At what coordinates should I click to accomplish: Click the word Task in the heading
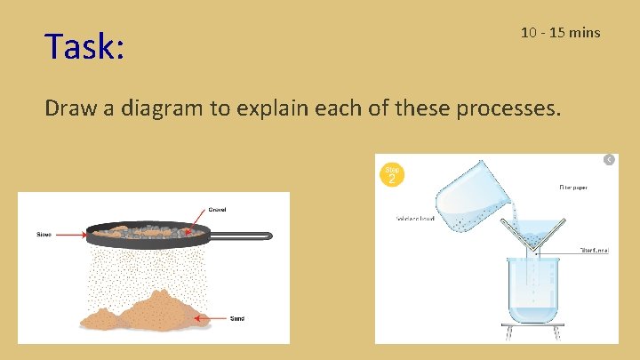tap(84, 46)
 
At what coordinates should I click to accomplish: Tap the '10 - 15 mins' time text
tap(560, 33)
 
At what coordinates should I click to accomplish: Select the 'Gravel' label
tap(217, 210)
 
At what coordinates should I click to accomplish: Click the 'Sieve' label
tap(44, 235)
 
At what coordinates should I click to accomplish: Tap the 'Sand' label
tap(237, 317)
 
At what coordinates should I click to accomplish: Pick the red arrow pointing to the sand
tap(212, 316)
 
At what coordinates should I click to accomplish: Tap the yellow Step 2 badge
tap(392, 174)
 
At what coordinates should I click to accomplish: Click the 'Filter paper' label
tap(573, 188)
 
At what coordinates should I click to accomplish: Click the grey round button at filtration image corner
tap(609, 159)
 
